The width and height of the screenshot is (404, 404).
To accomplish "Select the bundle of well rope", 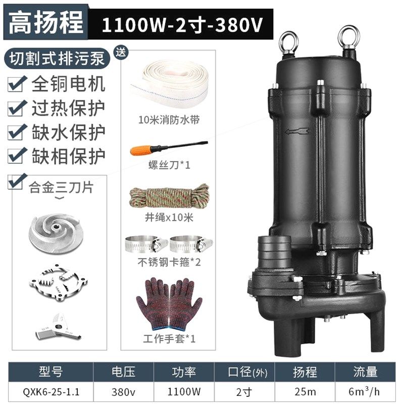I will pos(169,198).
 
